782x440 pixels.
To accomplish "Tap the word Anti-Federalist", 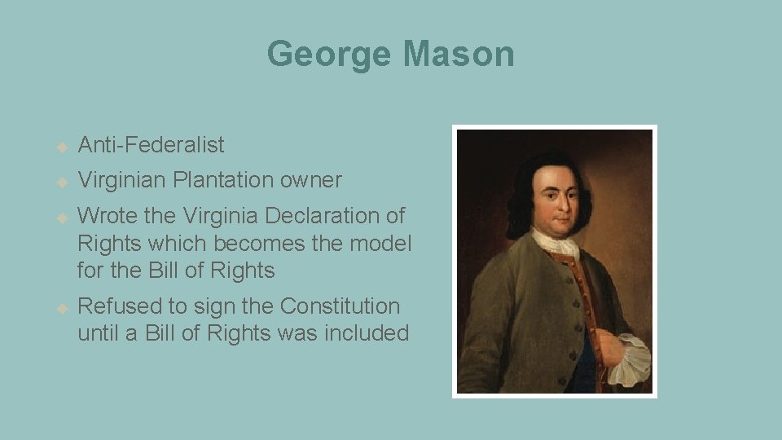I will coord(151,145).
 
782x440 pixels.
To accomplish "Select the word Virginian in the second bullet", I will coord(121,180).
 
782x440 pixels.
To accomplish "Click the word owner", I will coord(314,180).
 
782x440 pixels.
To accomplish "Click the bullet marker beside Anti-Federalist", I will coord(61,147).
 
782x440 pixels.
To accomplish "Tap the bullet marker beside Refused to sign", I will coord(61,308).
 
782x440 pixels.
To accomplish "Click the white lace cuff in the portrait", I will coord(628,359).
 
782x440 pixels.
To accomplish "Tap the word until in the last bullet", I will coord(98,332).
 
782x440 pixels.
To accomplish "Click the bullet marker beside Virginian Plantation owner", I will coord(61,182).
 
